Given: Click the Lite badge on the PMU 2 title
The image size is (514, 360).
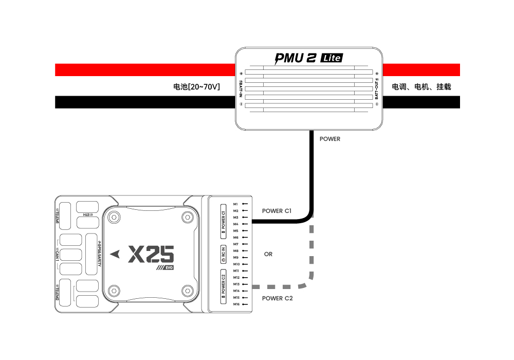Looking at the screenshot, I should click(332, 58).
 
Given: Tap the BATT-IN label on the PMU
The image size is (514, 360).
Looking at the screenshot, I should click(241, 87).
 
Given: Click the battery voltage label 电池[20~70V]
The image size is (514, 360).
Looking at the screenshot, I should click(197, 87).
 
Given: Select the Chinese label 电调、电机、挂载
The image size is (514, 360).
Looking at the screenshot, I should click(421, 87).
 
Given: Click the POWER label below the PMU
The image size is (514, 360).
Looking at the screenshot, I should click(330, 139).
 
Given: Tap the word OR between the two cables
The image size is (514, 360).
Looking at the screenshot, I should click(268, 254).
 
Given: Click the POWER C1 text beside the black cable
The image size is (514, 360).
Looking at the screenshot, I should click(277, 211).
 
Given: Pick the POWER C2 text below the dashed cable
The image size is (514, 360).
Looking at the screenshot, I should click(278, 298).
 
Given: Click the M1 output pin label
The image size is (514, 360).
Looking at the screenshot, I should click(235, 204).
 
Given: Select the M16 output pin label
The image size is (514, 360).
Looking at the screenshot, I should click(236, 304).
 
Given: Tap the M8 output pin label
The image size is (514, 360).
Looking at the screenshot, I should click(235, 251).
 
